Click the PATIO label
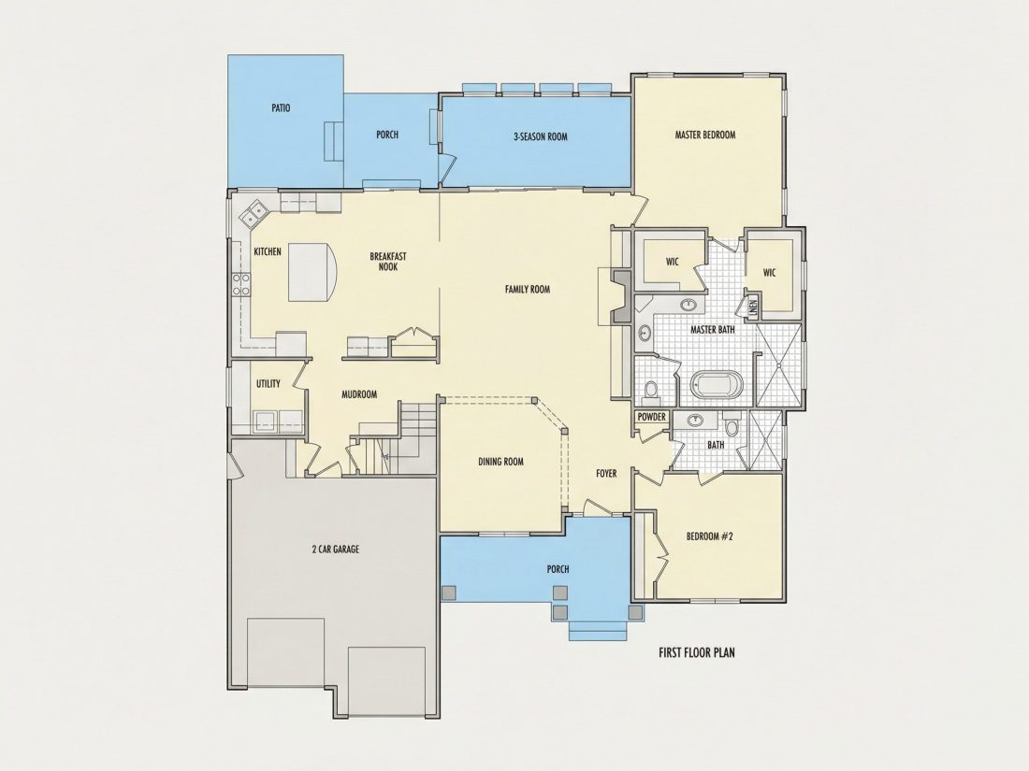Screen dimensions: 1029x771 (x=281, y=107)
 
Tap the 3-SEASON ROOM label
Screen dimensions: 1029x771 (x=540, y=136)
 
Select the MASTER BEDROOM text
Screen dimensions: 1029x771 (x=705, y=135)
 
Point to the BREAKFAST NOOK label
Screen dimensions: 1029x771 (x=388, y=262)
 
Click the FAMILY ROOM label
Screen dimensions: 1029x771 (x=528, y=289)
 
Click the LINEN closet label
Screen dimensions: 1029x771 (x=753, y=307)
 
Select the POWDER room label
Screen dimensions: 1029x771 (x=652, y=417)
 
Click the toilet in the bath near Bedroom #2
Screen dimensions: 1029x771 (x=734, y=428)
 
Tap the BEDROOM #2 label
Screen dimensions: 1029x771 (x=709, y=535)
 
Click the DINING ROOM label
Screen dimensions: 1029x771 (x=500, y=461)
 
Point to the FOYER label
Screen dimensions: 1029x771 (x=606, y=473)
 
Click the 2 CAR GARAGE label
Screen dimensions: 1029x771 (x=335, y=549)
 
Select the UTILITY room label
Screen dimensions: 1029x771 (x=268, y=383)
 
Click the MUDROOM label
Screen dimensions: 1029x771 (x=359, y=394)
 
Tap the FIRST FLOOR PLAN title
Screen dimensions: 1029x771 (x=696, y=652)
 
